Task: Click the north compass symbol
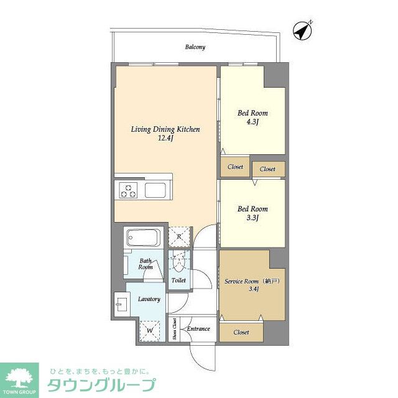302,31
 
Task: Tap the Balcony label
195,47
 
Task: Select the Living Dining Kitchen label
165,129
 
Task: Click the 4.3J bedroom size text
252,122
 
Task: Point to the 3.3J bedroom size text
252,218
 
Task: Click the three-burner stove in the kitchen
128,190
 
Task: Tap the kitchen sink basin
155,190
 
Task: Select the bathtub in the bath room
144,238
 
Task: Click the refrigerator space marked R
179,237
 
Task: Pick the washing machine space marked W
150,331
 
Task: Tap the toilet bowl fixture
178,264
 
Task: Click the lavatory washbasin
122,304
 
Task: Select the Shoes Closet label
174,329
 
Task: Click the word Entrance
198,329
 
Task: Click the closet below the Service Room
241,332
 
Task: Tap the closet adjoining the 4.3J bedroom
235,167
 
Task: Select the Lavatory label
149,299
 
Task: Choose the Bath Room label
146,264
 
